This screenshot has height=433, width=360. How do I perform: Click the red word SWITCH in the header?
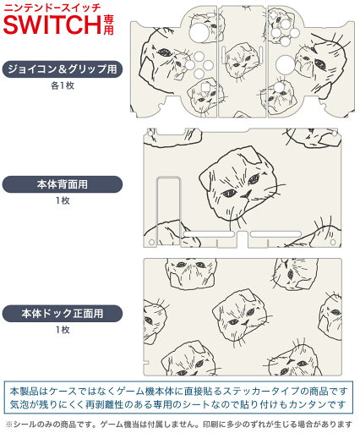point(52,25)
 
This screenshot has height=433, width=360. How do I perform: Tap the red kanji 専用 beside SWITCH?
point(108,25)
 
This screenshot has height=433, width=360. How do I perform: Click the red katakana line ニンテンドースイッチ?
point(52,7)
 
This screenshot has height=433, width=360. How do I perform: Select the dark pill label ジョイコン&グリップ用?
point(63,69)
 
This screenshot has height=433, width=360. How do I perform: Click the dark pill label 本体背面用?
point(63,184)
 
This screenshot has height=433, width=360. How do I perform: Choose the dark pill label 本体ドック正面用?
point(63,313)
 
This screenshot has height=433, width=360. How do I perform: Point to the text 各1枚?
point(63,85)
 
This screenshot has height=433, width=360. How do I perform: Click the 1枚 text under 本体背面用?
point(63,200)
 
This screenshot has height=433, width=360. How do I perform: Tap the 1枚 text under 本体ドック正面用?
point(63,330)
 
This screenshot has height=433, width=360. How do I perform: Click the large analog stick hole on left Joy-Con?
point(199,32)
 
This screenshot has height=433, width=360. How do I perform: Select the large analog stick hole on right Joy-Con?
point(285,64)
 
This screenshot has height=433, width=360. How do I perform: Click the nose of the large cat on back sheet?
point(247,194)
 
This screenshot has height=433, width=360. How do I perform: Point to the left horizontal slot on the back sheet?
point(209,234)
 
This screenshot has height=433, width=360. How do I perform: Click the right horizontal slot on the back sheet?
point(275,234)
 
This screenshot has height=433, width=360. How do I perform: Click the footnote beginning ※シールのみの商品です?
point(179,424)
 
